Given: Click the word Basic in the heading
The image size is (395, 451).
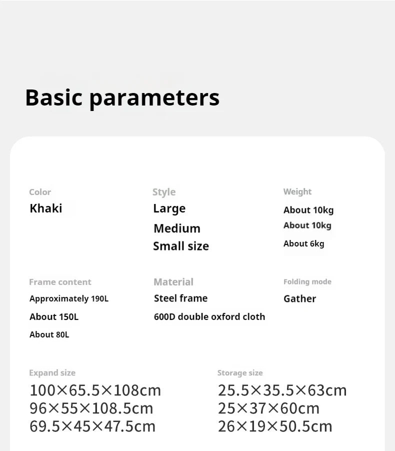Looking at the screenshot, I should point(53,97).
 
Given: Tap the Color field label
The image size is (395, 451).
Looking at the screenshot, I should point(40,192).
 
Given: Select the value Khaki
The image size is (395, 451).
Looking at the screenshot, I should point(46,208).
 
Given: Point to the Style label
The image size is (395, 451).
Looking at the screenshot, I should point(164,192).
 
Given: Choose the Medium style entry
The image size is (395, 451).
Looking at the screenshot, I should point(177,228).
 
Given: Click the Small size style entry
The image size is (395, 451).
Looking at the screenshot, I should point(181,246).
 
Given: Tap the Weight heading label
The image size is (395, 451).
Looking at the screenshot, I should point(297,191).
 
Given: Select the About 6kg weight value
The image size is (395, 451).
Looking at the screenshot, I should point(303,243).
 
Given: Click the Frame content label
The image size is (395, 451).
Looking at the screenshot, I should point(60,282).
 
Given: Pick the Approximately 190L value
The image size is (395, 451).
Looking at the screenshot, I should point(69,299).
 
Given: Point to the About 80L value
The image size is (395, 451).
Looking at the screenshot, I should point(49,334).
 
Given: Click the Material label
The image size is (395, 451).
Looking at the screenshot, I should point(173,282).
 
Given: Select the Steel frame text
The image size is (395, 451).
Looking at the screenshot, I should point(180,298).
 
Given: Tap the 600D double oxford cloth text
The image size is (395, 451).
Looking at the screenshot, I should point(209,316).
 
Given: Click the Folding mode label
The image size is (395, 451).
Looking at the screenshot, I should point(307,282).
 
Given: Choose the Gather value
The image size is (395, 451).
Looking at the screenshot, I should point(299,299).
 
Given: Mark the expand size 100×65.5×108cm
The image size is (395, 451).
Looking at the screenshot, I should point(95,390).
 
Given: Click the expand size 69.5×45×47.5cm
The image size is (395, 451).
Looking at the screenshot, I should point(92,426).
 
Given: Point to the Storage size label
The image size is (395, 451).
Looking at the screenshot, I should point(240,373).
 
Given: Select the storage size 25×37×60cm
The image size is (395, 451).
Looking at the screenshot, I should point(268,408).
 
